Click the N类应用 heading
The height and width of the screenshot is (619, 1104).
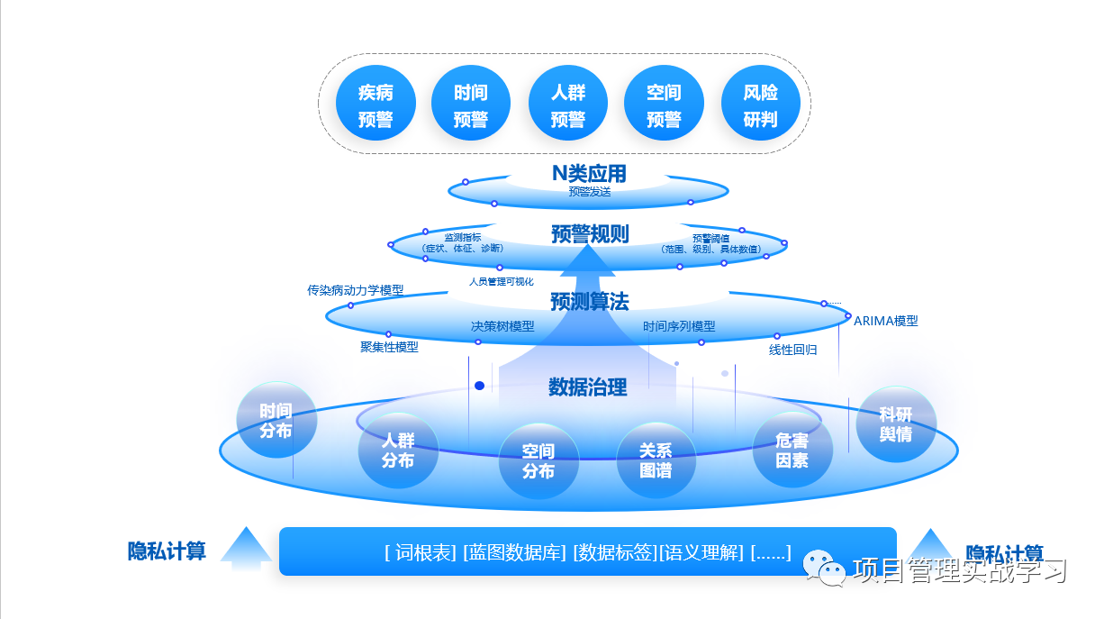[589, 173]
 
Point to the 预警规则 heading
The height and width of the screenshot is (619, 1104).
[590, 234]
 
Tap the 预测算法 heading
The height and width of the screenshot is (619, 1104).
[590, 302]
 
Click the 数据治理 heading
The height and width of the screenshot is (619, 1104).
[588, 387]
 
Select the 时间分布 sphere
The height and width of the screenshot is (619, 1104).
[276, 421]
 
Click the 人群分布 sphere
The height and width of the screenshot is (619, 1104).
[398, 450]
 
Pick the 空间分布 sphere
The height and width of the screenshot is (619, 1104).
[538, 460]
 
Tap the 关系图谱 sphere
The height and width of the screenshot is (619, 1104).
[656, 460]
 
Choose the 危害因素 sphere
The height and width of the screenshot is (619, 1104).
[792, 451]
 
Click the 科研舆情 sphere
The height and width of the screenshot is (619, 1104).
[896, 423]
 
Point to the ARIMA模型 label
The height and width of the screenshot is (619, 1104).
[885, 321]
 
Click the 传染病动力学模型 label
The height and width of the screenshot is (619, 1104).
[355, 290]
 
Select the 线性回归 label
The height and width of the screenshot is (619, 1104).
[792, 350]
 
